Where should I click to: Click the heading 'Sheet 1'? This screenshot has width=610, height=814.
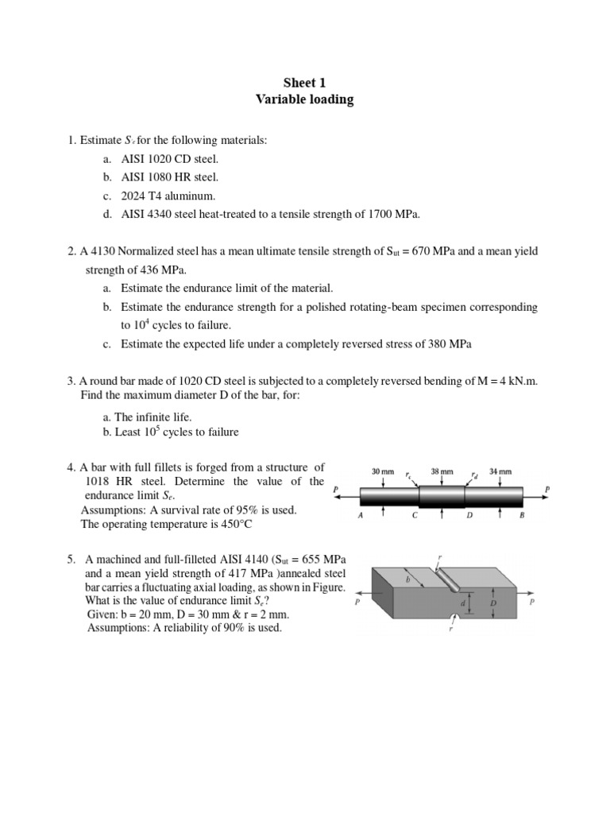pos(305,82)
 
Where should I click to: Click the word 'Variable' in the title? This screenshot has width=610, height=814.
pos(280,99)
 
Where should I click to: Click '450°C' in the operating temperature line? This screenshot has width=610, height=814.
pos(237,524)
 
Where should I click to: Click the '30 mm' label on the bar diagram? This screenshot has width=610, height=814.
pos(383,471)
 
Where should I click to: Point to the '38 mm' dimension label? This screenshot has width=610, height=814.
pos(442,471)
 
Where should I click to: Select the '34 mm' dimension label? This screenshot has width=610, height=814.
pos(500,471)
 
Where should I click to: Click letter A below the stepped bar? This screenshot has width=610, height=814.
pos(361,515)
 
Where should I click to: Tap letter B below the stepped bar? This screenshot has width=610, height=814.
pos(521,515)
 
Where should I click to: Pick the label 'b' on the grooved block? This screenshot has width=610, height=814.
pos(407,580)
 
